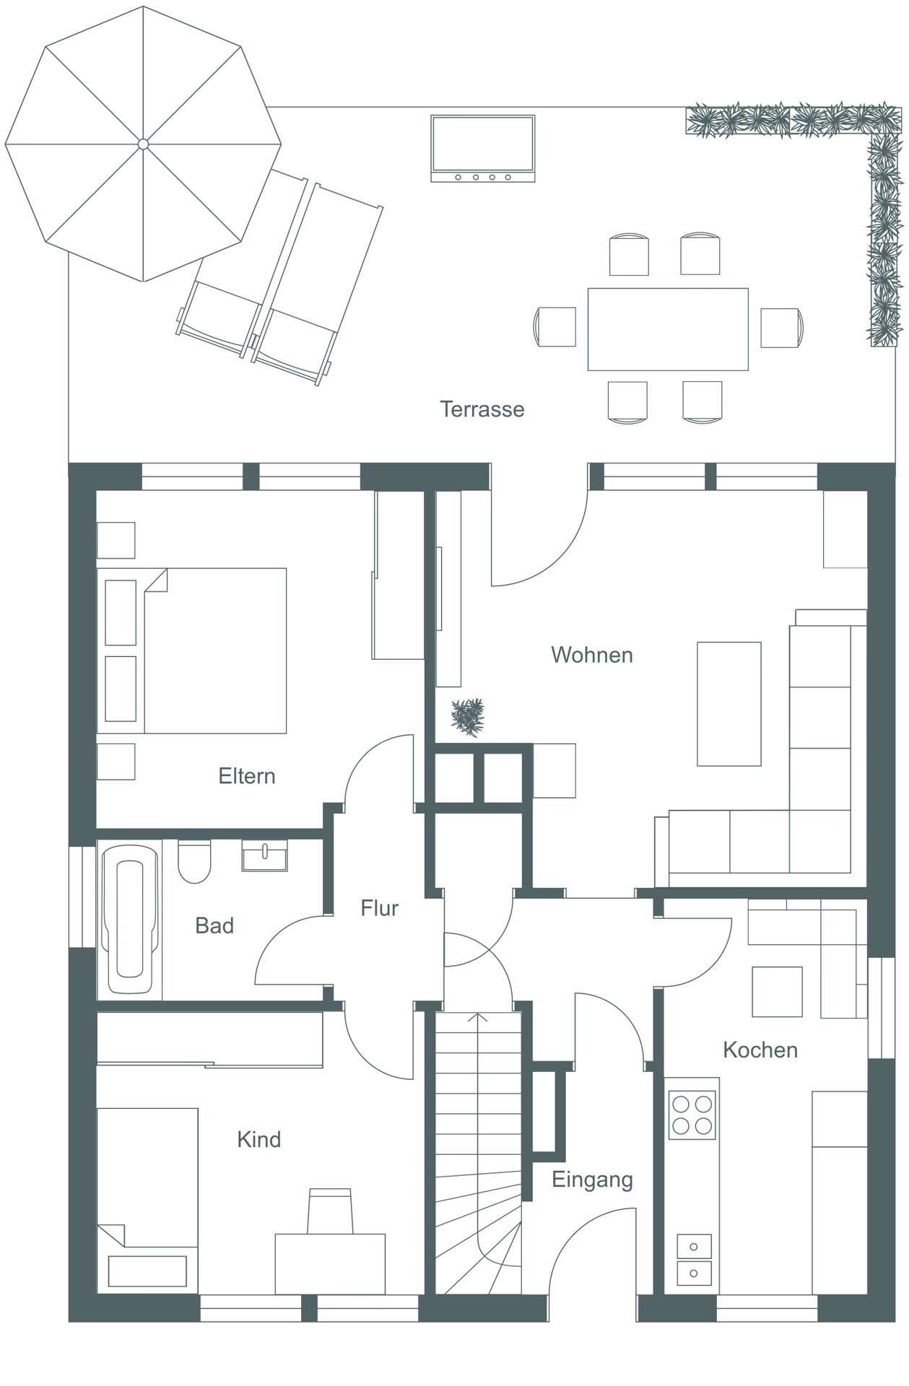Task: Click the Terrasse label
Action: [482, 409]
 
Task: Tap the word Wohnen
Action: [592, 655]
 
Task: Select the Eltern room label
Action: [247, 776]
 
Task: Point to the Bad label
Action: [214, 925]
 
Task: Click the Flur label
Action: [380, 908]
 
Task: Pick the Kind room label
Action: [258, 1139]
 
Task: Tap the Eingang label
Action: [592, 1180]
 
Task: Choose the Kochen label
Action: [760, 1050]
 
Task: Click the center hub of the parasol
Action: [143, 144]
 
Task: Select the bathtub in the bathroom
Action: [130, 920]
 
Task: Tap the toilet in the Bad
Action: [194, 861]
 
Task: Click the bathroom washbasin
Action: [264, 855]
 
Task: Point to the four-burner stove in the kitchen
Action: [692, 1115]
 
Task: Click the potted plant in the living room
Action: [468, 717]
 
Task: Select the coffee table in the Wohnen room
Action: [729, 704]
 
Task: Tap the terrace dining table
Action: [668, 329]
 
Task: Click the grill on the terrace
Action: [483, 149]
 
